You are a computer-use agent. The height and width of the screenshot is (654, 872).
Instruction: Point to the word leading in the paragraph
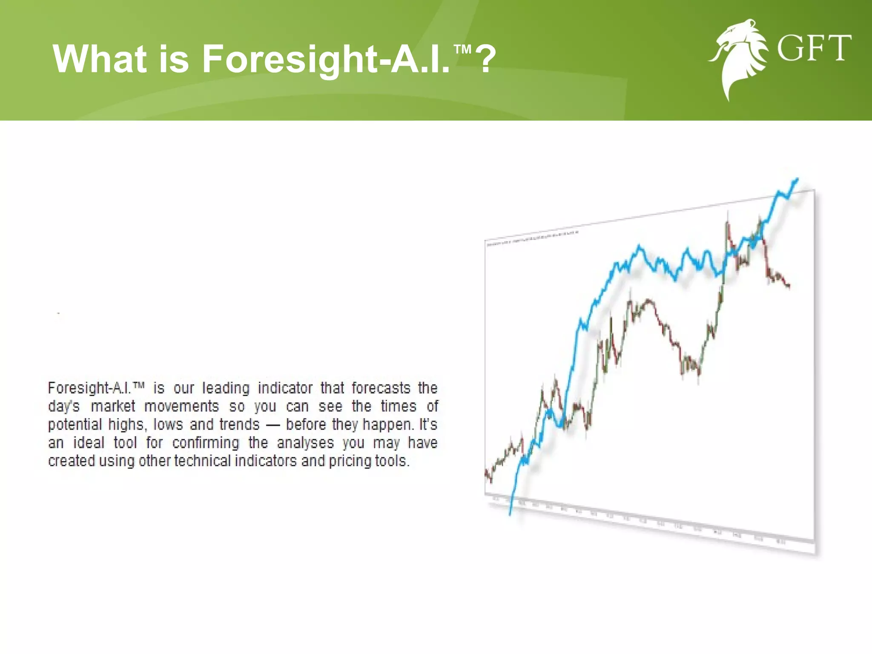tap(226, 388)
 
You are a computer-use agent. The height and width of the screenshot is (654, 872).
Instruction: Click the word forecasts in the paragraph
tap(381, 388)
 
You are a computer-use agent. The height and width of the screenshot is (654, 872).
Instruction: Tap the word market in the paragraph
tap(113, 406)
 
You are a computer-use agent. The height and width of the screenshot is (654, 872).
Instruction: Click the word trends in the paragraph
tap(239, 425)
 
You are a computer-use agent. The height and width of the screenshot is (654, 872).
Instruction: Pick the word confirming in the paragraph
tap(206, 443)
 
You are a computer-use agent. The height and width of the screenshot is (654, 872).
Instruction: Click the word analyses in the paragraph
tap(305, 443)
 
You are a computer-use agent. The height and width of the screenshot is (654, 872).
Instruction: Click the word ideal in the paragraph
tap(89, 443)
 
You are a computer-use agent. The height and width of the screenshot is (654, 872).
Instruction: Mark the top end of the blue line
tap(797, 180)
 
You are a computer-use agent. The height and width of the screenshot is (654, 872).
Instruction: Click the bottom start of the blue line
tap(510, 514)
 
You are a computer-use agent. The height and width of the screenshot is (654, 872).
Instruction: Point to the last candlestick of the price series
tap(789, 286)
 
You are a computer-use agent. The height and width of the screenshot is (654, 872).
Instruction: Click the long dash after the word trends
tap(272, 425)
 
